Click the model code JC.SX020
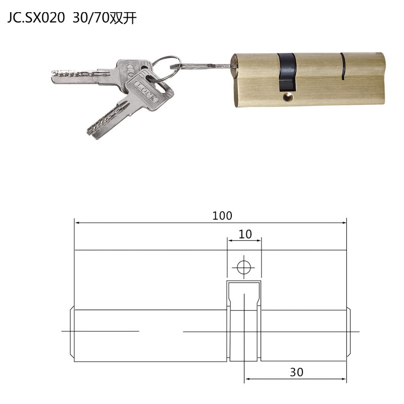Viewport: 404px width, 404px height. tap(35, 18)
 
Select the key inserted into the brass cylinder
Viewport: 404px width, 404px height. tap(205, 66)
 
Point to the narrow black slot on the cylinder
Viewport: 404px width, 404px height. tap(343, 66)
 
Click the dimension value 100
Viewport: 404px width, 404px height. tap(222, 216)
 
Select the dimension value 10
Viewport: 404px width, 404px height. tap(245, 234)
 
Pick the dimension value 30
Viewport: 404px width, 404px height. tap(296, 372)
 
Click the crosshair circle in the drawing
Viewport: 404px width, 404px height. tap(244, 266)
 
